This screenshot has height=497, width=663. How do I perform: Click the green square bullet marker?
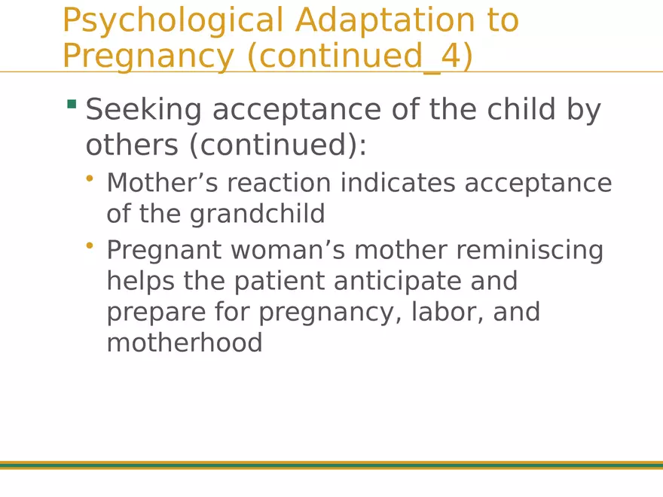coord(72,104)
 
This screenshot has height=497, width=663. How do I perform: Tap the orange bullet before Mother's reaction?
coord(90,178)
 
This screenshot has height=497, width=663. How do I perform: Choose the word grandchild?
coord(257,214)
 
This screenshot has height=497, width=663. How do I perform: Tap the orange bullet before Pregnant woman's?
coord(90,245)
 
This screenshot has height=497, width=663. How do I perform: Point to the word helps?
coord(139,282)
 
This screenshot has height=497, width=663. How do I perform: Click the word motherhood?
coord(185,343)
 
